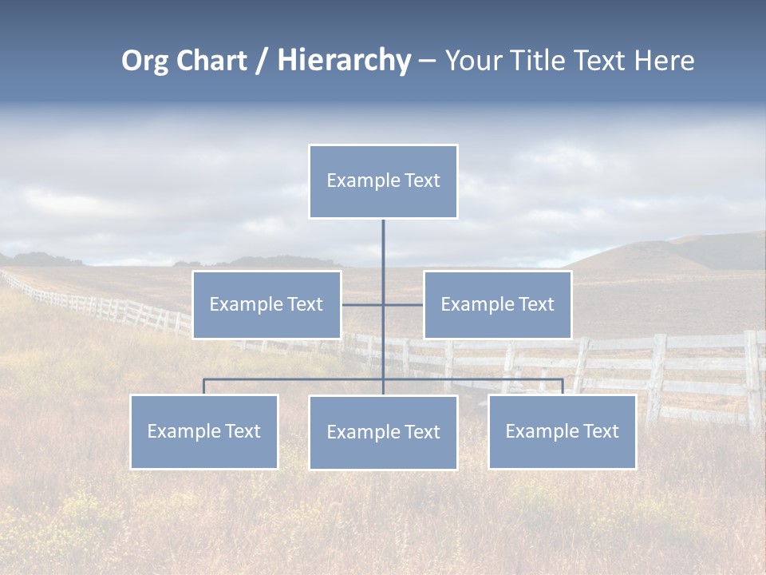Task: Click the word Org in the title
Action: [144, 61]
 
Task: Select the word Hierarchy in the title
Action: [344, 61]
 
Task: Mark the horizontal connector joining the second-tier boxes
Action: [363, 304]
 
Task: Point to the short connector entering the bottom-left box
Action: [203, 387]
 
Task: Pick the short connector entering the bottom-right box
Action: [562, 387]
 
